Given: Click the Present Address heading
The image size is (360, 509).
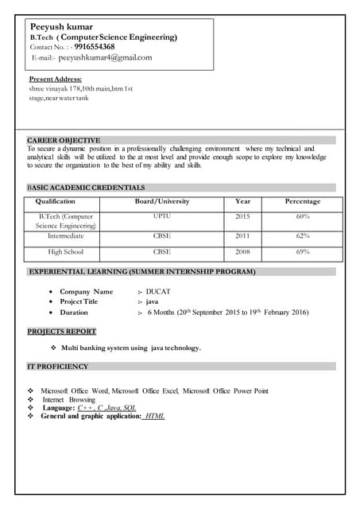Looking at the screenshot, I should coord(55,80).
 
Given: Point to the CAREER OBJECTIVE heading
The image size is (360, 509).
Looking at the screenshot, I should coord(64,140).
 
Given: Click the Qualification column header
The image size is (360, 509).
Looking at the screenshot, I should coord(56,202).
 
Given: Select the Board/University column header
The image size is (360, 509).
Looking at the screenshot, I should coord(162,202).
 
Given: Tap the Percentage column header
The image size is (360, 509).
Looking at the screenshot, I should coord(303,202).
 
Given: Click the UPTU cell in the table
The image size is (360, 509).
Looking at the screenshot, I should coord(162,216).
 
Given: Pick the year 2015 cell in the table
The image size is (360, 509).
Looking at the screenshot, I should coord(242,216).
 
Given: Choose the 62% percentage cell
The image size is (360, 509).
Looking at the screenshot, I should coord(303,236).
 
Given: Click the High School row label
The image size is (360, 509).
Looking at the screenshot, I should coord(65,252).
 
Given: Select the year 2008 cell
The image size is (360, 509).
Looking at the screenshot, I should coord(242,252).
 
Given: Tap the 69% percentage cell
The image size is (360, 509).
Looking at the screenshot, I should coord(303,252).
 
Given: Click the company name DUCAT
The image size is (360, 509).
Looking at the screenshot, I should coord(158,292).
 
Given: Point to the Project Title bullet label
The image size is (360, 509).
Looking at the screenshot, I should coord(79,302).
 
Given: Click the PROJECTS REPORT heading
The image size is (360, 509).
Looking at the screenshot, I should coord(62,332).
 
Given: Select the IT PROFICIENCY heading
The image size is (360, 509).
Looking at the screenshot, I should coord(58,367).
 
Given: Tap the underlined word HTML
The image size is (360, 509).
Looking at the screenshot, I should coord(155,416).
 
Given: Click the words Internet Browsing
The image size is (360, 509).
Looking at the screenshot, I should coord(68,399).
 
